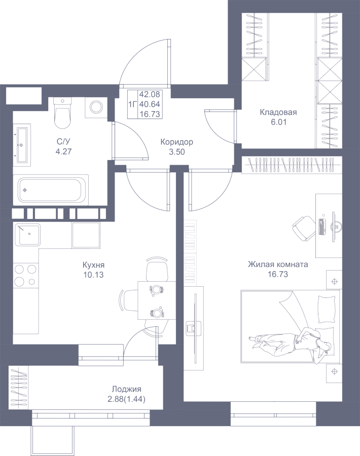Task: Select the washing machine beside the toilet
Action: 96,107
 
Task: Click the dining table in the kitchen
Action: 157,300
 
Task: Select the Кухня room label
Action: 93,265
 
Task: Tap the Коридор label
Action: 176,142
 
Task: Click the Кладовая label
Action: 278,112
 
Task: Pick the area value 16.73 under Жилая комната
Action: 278,274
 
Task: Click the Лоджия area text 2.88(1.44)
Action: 127,399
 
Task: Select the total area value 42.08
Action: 150,94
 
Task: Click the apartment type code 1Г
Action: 133,104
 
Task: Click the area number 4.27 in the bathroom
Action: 63,151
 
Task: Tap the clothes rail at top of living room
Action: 291,165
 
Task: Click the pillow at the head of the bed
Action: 327,309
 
